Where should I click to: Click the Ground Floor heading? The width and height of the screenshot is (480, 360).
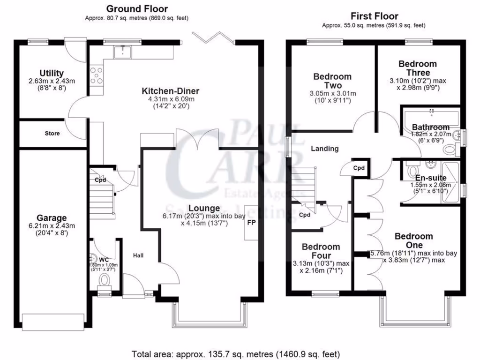136,8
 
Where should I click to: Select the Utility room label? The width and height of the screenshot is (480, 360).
52,73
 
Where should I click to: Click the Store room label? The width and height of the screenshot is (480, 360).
52,134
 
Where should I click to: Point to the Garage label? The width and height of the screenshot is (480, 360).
52,218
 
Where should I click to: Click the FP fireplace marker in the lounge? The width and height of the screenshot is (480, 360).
251,223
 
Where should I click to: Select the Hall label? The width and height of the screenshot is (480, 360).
138,255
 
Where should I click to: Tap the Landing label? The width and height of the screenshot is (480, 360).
325,149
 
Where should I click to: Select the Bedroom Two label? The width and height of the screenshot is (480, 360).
332,81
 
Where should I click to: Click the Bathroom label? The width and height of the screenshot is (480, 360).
430,127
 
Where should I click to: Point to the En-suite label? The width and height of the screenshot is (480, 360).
431,178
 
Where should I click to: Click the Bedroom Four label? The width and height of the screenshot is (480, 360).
321,247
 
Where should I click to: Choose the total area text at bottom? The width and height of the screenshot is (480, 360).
236,353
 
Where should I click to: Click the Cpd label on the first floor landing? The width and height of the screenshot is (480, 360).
359,168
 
